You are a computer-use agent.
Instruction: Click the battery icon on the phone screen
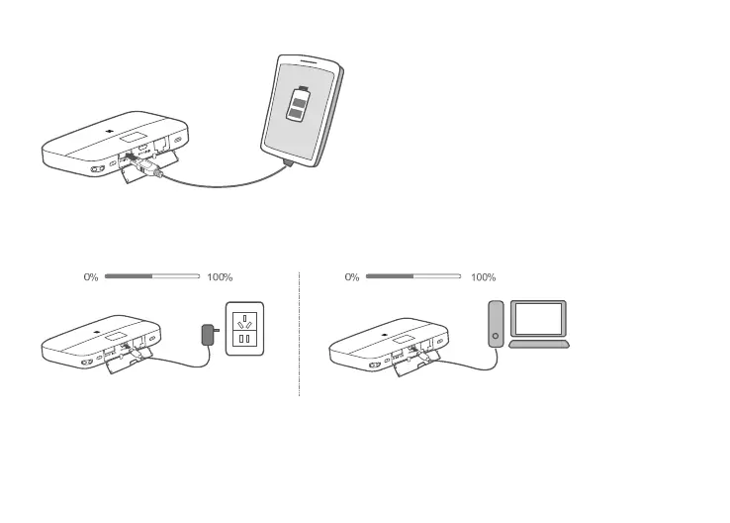(x=296, y=104)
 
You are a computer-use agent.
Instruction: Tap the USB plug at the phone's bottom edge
(x=285, y=157)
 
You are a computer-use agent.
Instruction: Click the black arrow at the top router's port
(x=130, y=157)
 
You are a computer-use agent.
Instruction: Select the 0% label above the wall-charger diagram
(x=90, y=277)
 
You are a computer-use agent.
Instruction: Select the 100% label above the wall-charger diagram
(x=221, y=277)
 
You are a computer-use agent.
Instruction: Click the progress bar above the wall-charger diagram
(x=152, y=277)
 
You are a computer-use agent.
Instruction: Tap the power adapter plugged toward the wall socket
(x=208, y=335)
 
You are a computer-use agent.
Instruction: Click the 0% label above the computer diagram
(x=352, y=277)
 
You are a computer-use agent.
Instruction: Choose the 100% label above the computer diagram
(x=483, y=277)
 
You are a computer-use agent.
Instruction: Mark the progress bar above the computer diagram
(x=414, y=277)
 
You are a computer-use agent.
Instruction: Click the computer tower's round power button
(x=496, y=336)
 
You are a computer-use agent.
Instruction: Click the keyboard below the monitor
(x=539, y=344)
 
